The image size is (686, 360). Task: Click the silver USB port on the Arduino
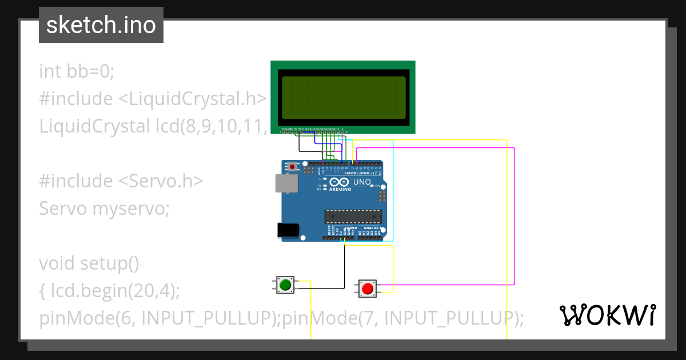click(x=286, y=183)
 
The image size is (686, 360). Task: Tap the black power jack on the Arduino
click(x=287, y=230)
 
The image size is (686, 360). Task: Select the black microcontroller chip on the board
click(x=353, y=217)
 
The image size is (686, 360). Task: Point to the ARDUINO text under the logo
click(x=340, y=189)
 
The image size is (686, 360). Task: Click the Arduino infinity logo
click(x=340, y=182)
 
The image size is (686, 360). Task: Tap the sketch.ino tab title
click(x=101, y=25)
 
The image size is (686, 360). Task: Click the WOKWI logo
click(x=607, y=315)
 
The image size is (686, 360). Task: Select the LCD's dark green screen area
click(x=344, y=97)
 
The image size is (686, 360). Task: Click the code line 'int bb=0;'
click(x=77, y=71)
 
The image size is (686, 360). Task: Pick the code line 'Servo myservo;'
click(x=105, y=209)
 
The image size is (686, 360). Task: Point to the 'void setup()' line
click(x=89, y=263)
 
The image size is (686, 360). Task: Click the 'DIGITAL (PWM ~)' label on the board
click(x=360, y=173)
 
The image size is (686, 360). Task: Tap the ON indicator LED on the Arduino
click(x=372, y=186)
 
